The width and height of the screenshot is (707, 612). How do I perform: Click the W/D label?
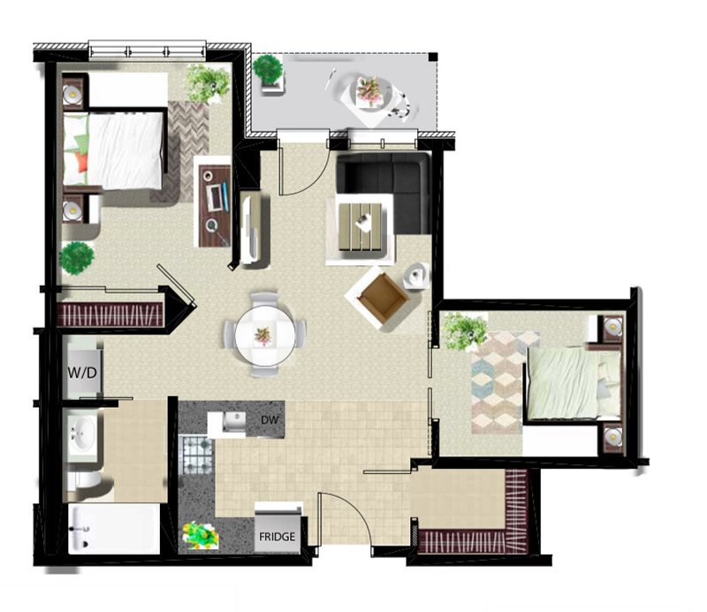coord(82,373)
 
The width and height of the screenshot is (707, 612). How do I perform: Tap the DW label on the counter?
coord(270,420)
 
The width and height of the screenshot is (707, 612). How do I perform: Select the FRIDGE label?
coord(277,537)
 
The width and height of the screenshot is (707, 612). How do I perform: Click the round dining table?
coord(264,335)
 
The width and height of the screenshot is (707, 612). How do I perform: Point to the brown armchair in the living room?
coord(383,295)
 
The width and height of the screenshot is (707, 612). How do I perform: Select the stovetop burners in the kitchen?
coord(197,454)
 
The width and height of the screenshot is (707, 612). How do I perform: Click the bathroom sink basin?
coord(82,432)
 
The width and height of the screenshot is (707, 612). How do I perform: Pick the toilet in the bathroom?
coord(85,480)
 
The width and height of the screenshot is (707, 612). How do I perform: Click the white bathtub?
coord(114,529)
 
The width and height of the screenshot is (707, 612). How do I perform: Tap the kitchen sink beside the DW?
coord(233,421)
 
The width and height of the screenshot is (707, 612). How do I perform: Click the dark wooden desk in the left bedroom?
coord(215,206)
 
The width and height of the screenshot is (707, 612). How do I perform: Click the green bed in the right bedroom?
coord(572,383)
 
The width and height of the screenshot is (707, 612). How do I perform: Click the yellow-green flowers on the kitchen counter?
coord(201,535)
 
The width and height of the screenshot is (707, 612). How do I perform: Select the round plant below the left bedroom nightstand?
coord(77,257)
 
